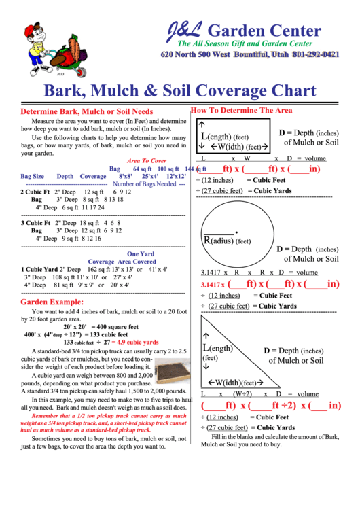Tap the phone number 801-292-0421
point(311,54)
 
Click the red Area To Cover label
point(146,160)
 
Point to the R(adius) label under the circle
point(227,241)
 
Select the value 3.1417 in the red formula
point(212,285)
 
